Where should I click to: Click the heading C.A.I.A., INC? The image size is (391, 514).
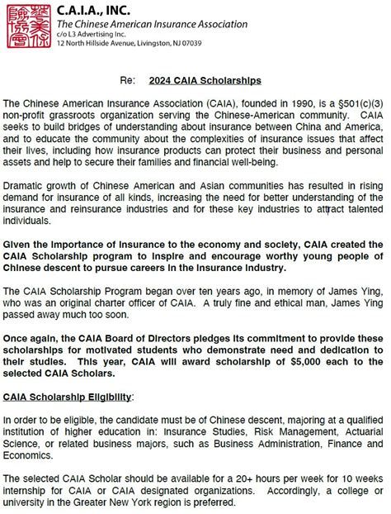(93, 10)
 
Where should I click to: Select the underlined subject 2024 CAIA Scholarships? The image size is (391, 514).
(205, 81)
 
